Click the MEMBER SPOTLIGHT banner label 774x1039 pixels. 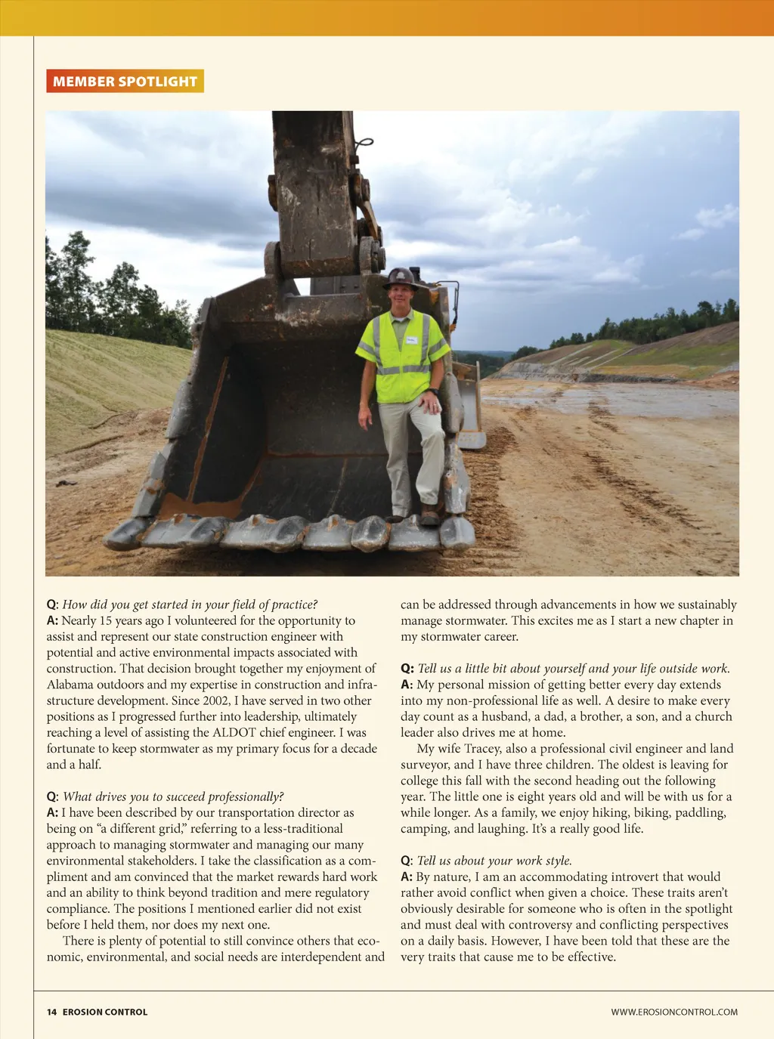[125, 82]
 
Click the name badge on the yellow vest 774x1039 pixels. [411, 340]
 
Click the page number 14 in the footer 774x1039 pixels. [51, 1012]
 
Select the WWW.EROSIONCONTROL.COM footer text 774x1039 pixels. [674, 1012]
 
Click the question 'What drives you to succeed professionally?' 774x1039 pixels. [173, 797]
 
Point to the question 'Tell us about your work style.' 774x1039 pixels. [494, 861]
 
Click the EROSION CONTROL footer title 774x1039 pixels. [105, 1012]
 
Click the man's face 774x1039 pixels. [401, 295]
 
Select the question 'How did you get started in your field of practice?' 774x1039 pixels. [190, 605]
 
